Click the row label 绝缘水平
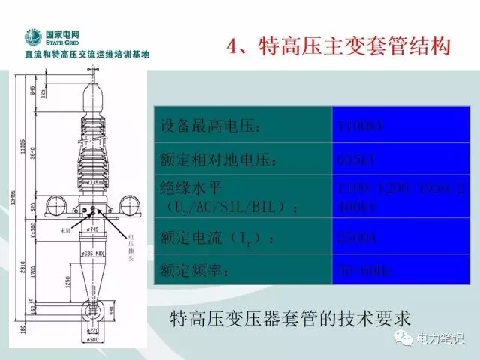click(192, 187)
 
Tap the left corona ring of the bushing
click(56, 202)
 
